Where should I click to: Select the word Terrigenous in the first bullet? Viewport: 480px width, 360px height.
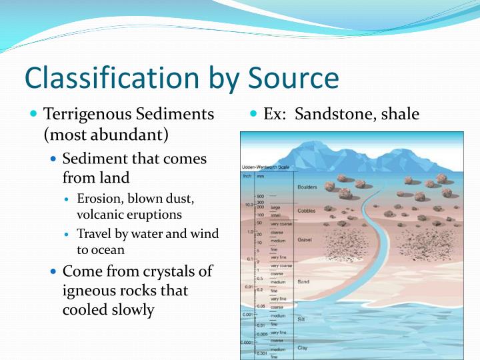[91, 114]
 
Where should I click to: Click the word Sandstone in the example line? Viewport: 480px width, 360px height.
[332, 114]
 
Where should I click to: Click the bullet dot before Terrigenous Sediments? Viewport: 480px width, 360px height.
[35, 114]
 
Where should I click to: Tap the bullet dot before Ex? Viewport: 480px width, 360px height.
[254, 114]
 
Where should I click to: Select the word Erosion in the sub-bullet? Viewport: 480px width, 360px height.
[99, 199]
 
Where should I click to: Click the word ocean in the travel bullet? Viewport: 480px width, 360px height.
[110, 250]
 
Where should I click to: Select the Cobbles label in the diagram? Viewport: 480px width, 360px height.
[306, 210]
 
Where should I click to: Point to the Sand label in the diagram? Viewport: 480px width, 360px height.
[303, 282]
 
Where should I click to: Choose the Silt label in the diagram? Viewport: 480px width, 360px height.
[301, 319]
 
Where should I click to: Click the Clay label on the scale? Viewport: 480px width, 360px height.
[302, 347]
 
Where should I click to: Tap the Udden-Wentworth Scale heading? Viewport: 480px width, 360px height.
[265, 167]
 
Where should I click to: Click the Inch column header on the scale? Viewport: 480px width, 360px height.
[246, 176]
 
